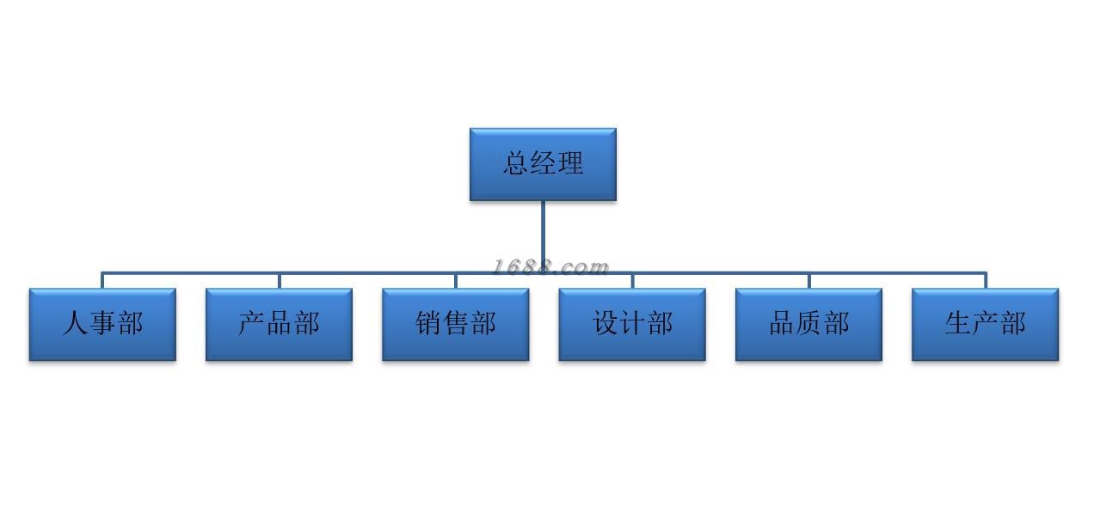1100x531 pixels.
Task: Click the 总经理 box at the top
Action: point(543,164)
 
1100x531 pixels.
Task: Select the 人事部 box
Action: point(102,325)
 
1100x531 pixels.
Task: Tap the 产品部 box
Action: point(279,325)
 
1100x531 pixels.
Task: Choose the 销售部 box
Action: point(456,325)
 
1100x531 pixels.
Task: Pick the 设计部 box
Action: point(632,325)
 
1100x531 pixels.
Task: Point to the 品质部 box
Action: point(808,325)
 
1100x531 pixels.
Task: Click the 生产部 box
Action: point(985,325)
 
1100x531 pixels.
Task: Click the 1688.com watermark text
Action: point(550,267)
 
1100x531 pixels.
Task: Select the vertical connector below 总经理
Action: point(544,236)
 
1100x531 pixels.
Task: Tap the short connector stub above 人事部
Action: point(102,280)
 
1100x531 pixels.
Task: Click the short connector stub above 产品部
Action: point(279,280)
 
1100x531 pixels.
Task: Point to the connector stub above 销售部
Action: point(456,280)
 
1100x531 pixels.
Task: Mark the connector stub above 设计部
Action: point(632,280)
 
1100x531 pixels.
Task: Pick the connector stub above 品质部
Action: point(808,280)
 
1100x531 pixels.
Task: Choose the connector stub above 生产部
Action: point(986,280)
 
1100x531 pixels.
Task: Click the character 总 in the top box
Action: point(515,163)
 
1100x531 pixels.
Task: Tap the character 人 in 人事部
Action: point(75,323)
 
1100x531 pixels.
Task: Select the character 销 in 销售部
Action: point(428,323)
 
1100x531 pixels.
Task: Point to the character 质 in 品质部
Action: point(808,323)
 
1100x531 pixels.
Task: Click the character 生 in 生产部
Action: point(957,323)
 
